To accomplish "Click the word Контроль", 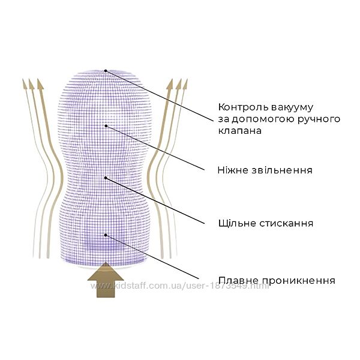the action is pos(244,107).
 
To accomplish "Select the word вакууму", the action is pos(292,108).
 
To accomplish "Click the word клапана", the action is pos(239,131).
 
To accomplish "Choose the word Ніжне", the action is pos(233,170).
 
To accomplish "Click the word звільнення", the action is pos(282,170).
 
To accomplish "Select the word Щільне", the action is pos(238,223).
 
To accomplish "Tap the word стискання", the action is pos(286,223).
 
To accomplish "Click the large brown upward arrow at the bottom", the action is pos(106,280).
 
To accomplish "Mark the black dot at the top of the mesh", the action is pos(106,71).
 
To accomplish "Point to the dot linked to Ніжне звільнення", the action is pos(106,126).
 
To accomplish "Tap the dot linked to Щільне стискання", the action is pos(106,178).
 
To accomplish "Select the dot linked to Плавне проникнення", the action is pos(106,235).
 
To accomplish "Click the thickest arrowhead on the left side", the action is pos(40,84).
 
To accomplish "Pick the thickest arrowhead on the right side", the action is pos(170,84).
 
